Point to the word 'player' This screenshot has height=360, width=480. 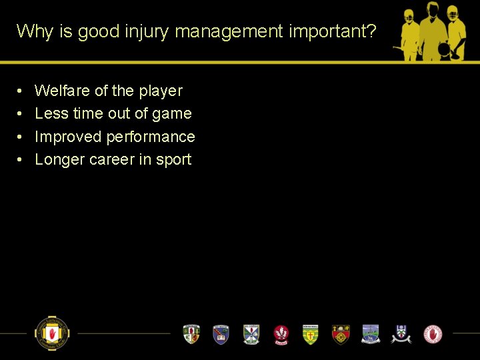tap(160, 91)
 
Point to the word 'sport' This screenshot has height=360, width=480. tap(173, 160)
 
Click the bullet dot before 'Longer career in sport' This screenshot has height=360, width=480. tap(21, 160)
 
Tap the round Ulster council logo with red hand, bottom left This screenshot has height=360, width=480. tap(52, 333)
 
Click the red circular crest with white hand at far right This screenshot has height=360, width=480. tap(433, 333)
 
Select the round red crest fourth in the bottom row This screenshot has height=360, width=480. tap(281, 333)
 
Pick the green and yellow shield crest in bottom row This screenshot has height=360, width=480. tap(311, 333)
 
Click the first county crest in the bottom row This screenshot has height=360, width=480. tap(191, 333)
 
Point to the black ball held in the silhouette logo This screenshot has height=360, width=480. tap(443, 50)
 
